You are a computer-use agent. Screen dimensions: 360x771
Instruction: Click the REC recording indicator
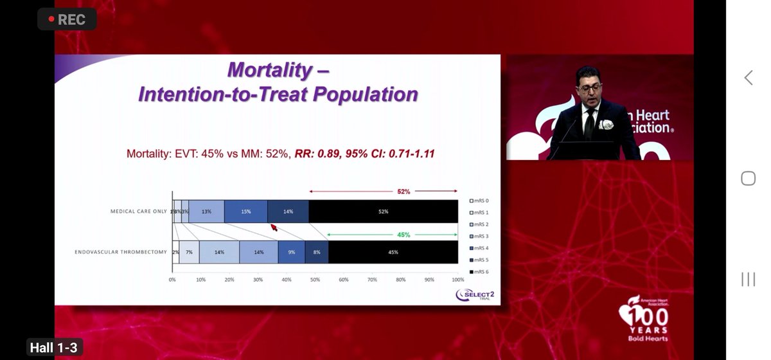click(67, 19)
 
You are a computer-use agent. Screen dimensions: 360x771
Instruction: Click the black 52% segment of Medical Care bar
click(383, 212)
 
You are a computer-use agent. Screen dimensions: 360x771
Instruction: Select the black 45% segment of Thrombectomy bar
click(393, 252)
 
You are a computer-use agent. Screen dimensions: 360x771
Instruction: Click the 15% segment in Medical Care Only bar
click(246, 212)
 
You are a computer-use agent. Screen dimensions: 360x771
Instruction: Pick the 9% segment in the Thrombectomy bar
click(291, 252)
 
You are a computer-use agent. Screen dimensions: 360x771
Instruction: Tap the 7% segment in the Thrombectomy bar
click(190, 252)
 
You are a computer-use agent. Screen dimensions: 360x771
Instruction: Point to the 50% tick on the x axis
click(315, 280)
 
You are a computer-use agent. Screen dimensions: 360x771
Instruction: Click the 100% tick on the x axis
click(457, 280)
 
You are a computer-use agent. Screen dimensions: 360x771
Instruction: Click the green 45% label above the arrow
click(403, 235)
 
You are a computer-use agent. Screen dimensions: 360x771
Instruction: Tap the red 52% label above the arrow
click(403, 192)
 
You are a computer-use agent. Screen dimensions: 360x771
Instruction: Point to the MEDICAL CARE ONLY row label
click(138, 212)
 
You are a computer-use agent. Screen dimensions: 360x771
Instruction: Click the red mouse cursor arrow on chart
click(273, 226)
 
